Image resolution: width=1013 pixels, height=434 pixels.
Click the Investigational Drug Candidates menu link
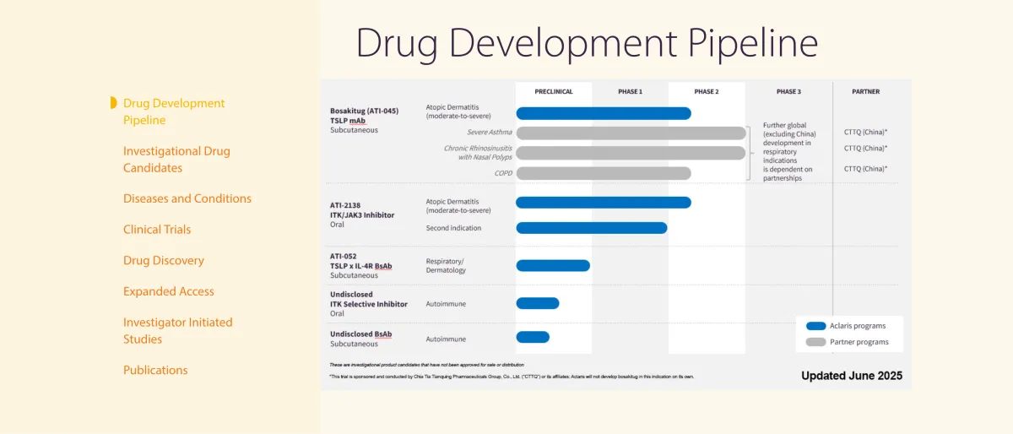176,159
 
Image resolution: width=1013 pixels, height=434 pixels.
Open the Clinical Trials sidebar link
157,229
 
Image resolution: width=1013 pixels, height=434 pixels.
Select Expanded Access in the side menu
169,291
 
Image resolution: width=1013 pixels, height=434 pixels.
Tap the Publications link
155,370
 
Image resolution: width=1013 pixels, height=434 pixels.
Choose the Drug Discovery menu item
164,260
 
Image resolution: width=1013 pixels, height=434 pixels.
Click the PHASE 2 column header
707,91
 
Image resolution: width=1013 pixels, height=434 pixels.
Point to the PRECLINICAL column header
554,91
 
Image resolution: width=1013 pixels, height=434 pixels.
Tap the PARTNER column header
865,91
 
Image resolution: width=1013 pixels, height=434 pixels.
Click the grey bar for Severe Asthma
631,133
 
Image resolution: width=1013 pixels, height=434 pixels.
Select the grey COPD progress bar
604,173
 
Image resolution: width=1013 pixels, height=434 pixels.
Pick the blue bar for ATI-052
553,265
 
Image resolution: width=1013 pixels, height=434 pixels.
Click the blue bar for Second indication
591,227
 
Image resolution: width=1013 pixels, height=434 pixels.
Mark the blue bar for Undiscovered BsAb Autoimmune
533,337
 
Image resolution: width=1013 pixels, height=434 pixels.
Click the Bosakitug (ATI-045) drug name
364,111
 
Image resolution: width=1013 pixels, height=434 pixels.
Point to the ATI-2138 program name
346,205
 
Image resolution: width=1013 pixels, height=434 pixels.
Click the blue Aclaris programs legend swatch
815,326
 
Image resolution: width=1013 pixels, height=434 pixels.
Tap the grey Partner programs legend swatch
815,342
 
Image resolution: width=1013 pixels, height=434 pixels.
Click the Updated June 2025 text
851,376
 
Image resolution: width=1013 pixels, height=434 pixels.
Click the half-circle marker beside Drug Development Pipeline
113,103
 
